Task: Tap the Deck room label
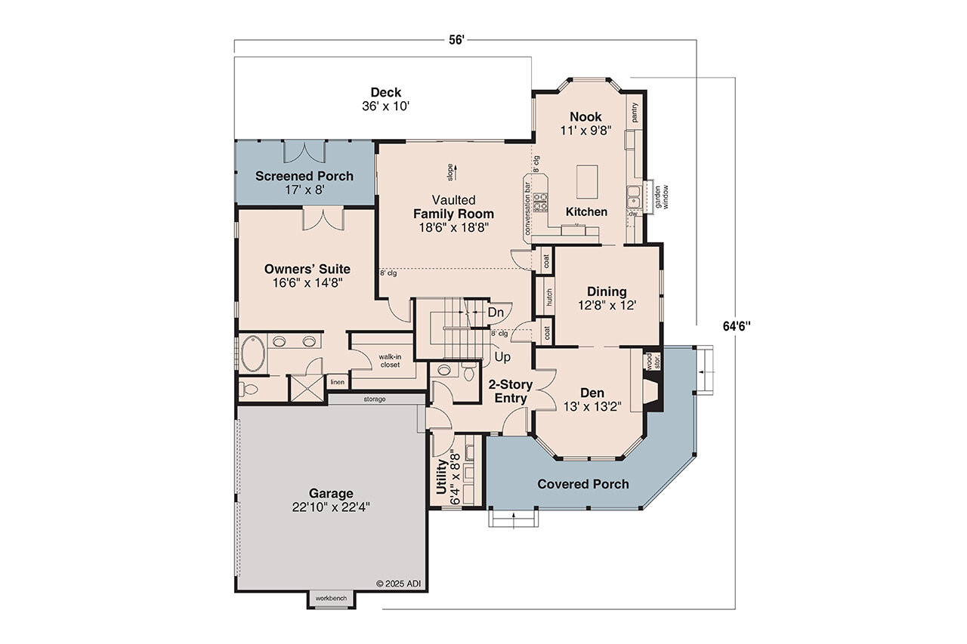pyautogui.click(x=385, y=93)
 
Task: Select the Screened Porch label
pyautogui.click(x=304, y=176)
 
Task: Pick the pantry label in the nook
pyautogui.click(x=635, y=112)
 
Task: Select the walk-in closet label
pyautogui.click(x=389, y=360)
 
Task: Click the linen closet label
pyautogui.click(x=337, y=382)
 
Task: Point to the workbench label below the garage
pyautogui.click(x=331, y=598)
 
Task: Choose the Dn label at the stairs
pyautogui.click(x=496, y=312)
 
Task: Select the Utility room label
pyautogui.click(x=443, y=477)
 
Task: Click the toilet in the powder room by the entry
pyautogui.click(x=468, y=372)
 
